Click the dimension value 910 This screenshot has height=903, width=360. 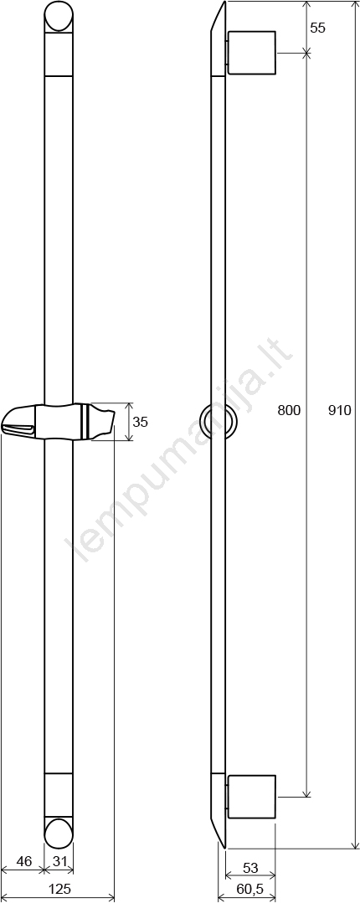coord(340,411)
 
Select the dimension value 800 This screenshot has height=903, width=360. coord(289,411)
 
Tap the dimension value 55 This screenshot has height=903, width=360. coord(318,28)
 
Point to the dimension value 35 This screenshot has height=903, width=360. coord(141,422)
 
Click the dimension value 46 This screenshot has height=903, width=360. coord(23,861)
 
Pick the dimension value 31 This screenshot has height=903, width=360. coord(60,861)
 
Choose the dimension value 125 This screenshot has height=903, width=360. coord(59,889)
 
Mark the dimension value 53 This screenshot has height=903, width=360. coord(250,868)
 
